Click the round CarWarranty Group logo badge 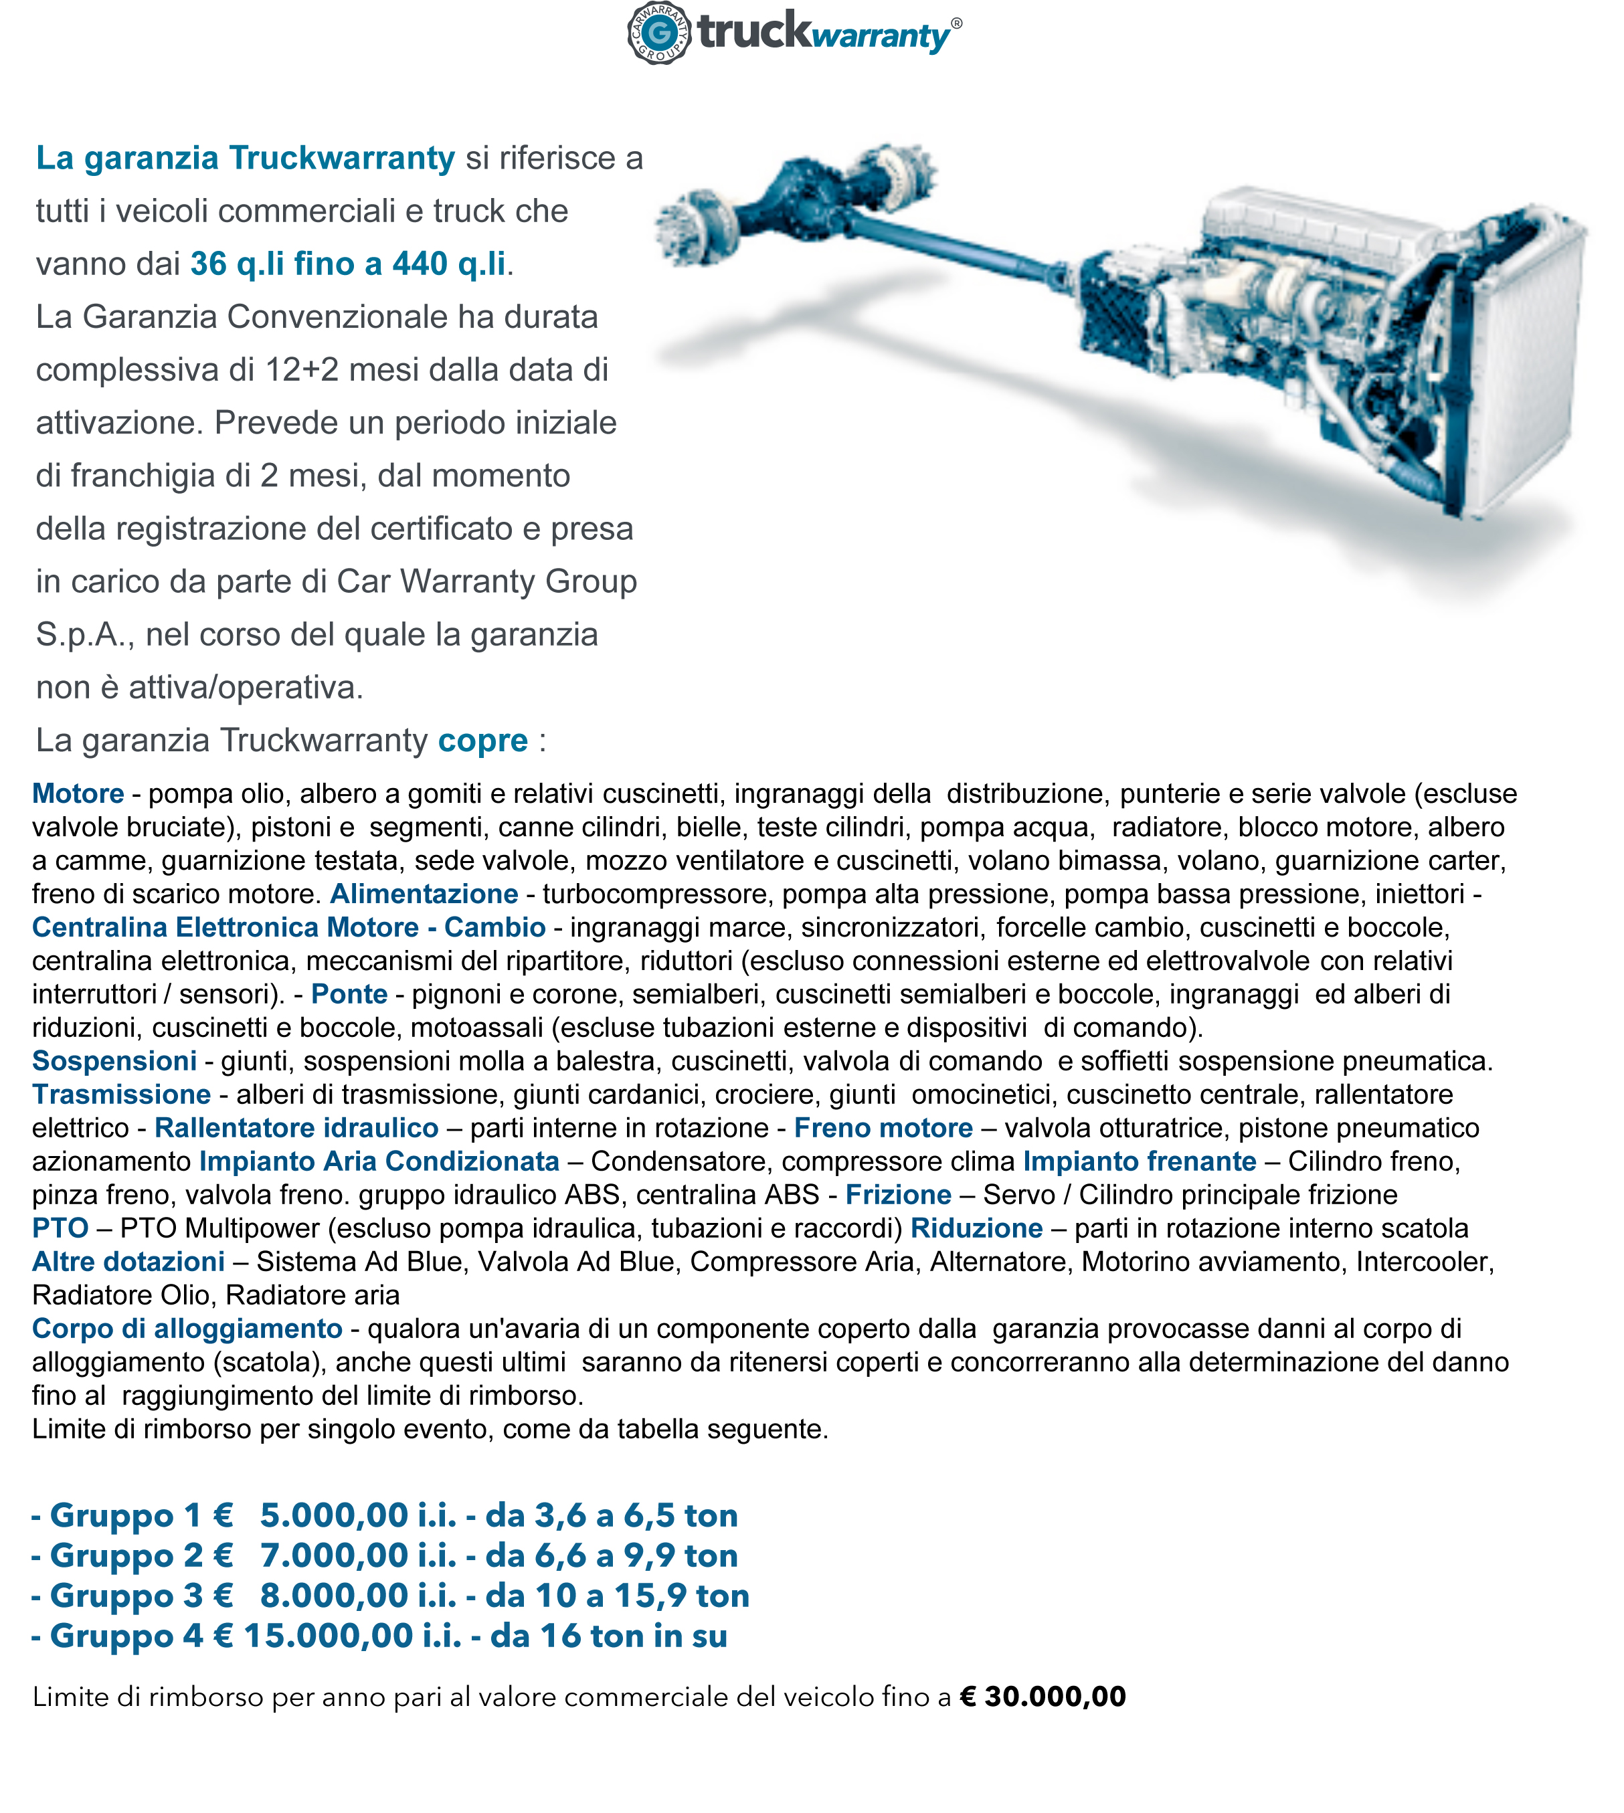[x=659, y=33]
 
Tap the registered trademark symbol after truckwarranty [x=957, y=23]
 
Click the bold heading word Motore [x=78, y=793]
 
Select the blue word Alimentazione [x=424, y=893]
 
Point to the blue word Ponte [x=349, y=994]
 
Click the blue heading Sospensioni [x=114, y=1061]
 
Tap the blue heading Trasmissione [x=121, y=1094]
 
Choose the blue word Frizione [x=899, y=1195]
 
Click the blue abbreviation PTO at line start [x=60, y=1228]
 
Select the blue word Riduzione [x=976, y=1228]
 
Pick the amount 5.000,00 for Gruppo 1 [x=335, y=1515]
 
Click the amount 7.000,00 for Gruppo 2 [x=335, y=1555]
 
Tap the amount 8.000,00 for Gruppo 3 [x=335, y=1596]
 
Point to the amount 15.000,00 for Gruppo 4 [x=329, y=1636]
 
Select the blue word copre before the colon [x=482, y=741]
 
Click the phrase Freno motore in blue [x=883, y=1128]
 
